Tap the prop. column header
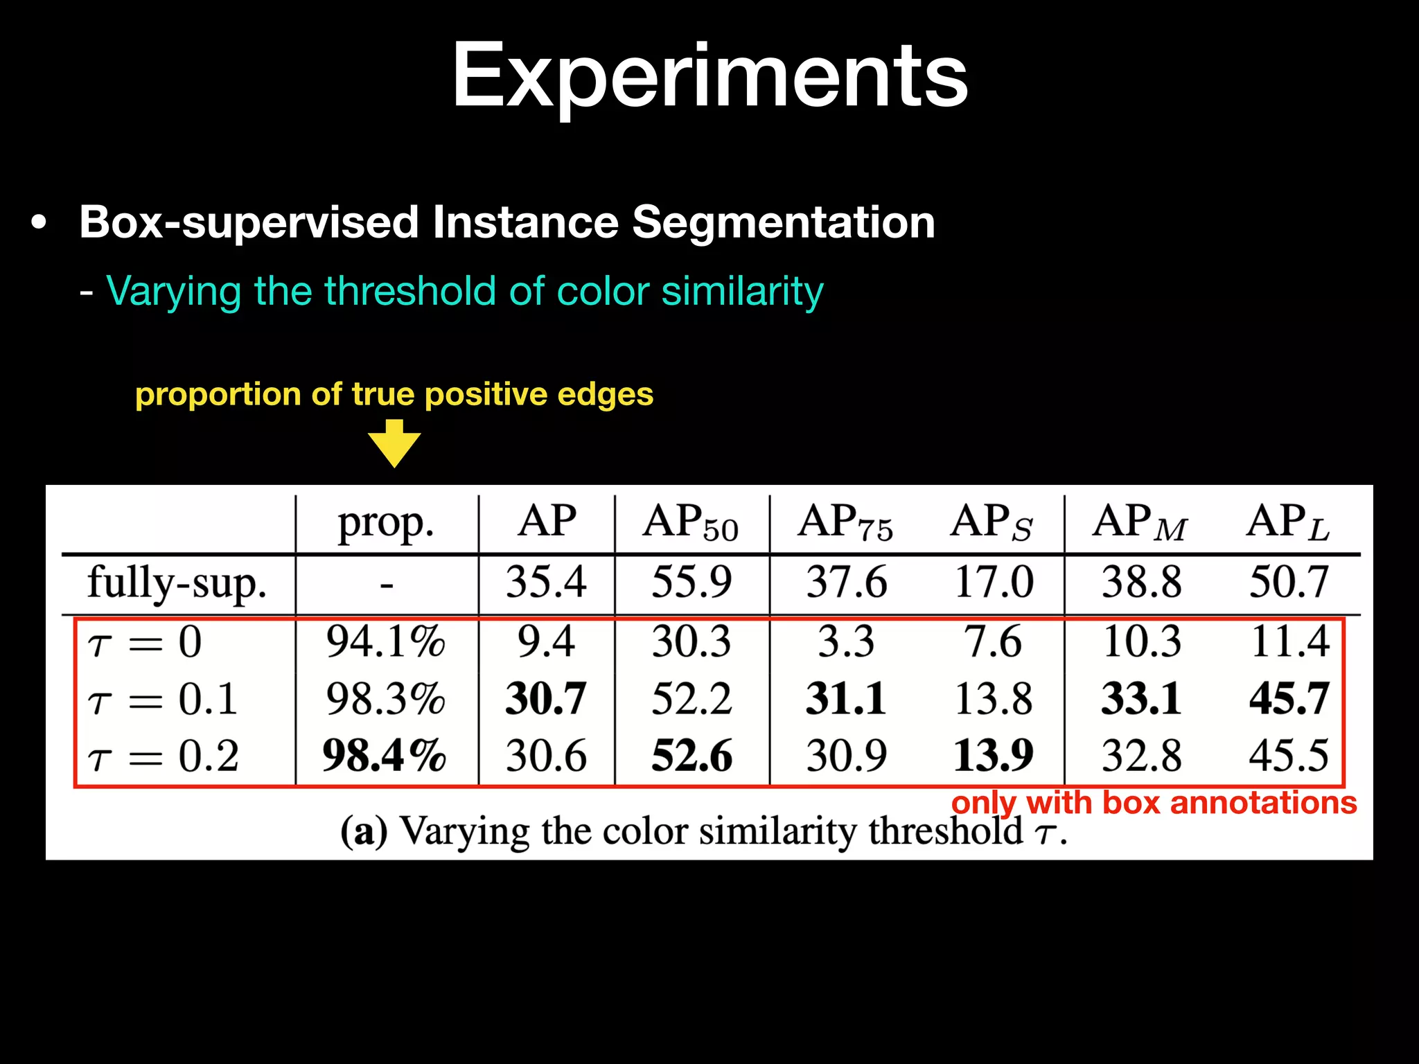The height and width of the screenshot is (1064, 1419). tap(386, 523)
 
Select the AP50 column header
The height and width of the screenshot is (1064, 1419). tap(690, 523)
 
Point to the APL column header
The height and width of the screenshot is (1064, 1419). tap(1288, 523)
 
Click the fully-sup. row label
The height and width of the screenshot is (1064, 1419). tap(177, 583)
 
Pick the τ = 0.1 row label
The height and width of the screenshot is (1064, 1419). tap(163, 698)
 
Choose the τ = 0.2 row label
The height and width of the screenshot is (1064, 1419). tap(163, 756)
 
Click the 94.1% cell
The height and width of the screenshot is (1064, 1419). tap(386, 641)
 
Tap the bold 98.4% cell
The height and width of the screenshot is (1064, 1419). tap(385, 756)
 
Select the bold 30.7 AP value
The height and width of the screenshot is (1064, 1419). tap(546, 698)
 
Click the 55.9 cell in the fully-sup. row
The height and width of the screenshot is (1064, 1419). tap(691, 581)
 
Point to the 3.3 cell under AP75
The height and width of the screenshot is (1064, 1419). tap(846, 641)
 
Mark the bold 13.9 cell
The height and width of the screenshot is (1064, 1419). tap(994, 756)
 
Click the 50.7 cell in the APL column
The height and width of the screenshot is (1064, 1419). tap(1289, 581)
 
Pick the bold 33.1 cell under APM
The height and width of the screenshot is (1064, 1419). tap(1142, 698)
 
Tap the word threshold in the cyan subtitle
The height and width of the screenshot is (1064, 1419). tap(410, 290)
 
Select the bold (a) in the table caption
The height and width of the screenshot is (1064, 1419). tap(364, 831)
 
